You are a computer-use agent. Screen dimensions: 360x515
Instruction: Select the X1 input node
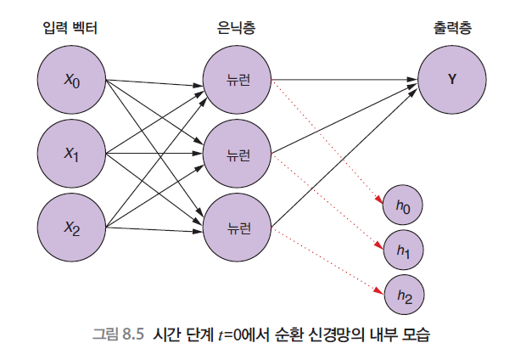tap(71, 154)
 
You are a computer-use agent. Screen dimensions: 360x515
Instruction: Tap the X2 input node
tap(71, 226)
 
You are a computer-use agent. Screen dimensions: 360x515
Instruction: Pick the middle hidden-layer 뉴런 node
tap(237, 154)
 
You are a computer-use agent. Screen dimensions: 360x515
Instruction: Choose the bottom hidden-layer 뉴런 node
tap(237, 226)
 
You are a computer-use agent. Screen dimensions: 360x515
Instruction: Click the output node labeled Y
tap(451, 81)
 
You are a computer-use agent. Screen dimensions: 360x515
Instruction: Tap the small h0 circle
tap(403, 204)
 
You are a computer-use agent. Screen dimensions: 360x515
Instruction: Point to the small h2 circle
tap(403, 295)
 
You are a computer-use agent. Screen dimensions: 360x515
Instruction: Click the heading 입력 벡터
tap(70, 29)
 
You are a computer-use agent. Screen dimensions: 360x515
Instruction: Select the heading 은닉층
tap(237, 29)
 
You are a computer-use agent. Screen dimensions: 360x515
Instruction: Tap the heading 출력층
tap(451, 29)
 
